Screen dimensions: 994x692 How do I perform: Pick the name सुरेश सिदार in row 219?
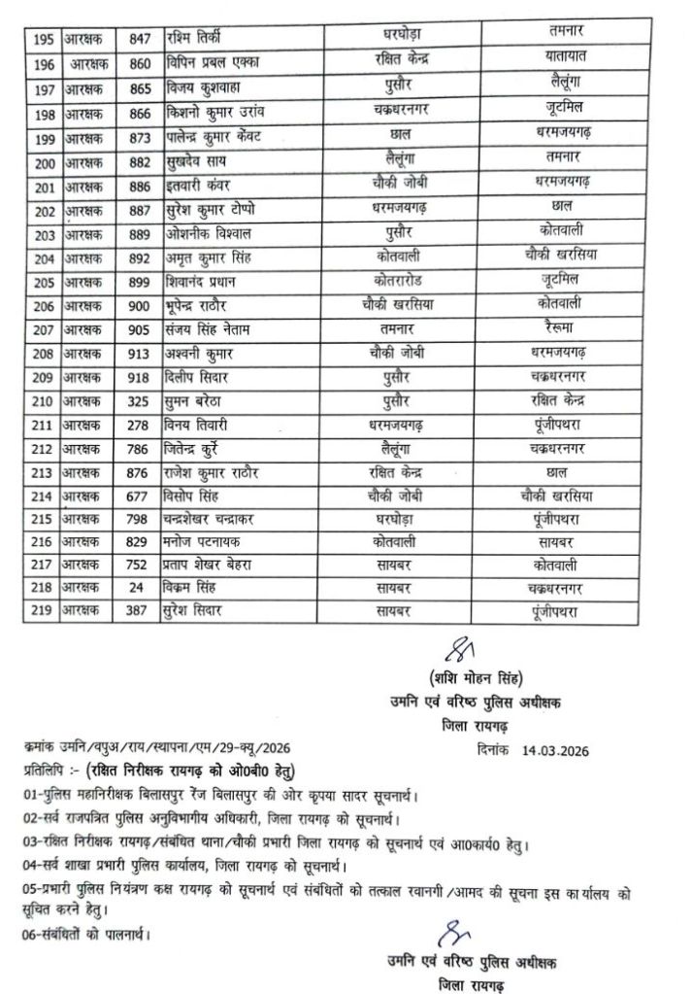(x=202, y=611)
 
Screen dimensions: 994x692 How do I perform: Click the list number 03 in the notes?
(x=28, y=842)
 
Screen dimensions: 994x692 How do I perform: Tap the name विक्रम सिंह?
(x=200, y=589)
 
